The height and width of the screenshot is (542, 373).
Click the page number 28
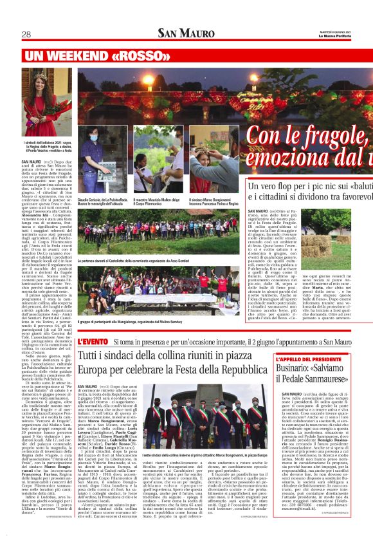click(x=26, y=34)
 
